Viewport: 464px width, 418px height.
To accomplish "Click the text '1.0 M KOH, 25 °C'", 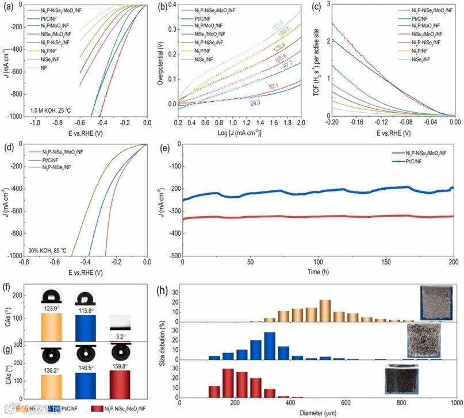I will click(52, 109).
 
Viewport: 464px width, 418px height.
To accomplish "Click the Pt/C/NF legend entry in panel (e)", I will click(416, 162).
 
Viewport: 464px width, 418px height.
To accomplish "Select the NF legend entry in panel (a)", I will click(44, 68).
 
